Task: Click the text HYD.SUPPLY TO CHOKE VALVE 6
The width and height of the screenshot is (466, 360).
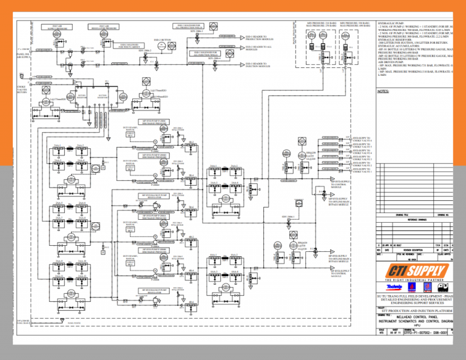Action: coord(362,139)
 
